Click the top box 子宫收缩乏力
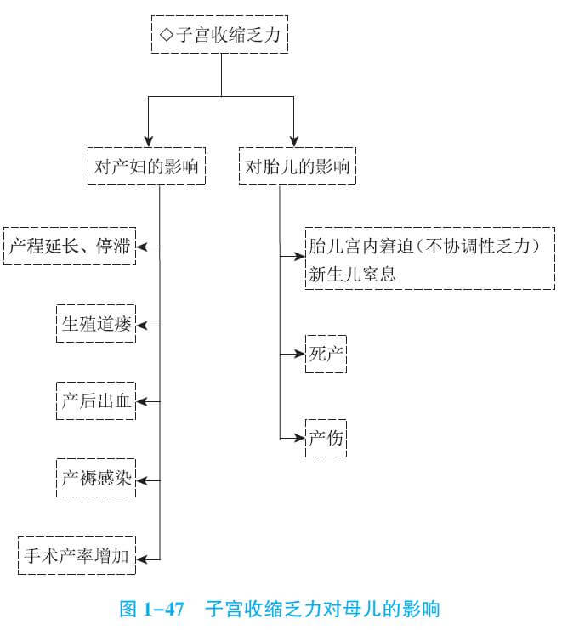(221, 35)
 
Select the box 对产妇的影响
(148, 167)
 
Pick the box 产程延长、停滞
(70, 247)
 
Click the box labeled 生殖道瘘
(96, 324)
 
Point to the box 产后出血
(96, 402)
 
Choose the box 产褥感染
(96, 480)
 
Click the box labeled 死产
(326, 355)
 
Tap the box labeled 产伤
(326, 438)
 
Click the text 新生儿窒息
(352, 275)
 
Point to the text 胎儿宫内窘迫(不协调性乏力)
(425, 247)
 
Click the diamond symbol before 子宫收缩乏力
(167, 36)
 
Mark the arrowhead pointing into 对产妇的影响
(148, 141)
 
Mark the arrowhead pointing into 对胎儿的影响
(294, 141)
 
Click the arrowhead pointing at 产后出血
(142, 402)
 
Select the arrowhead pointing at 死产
(300, 355)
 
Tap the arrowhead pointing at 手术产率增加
(142, 558)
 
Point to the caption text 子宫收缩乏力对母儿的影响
(323, 609)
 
